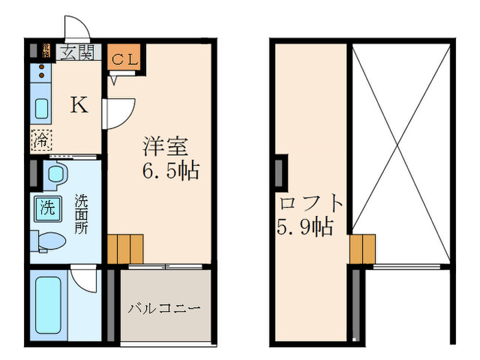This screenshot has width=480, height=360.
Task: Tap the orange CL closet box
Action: click(x=125, y=59)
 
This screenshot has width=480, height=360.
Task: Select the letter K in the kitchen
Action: click(x=80, y=106)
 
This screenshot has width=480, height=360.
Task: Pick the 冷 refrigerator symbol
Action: click(x=41, y=141)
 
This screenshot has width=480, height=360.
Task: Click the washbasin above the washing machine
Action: click(x=55, y=173)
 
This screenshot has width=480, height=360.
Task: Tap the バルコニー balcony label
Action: click(x=164, y=308)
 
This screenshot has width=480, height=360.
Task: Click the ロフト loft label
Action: click(x=311, y=204)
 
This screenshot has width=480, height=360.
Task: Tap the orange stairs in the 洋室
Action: click(x=125, y=248)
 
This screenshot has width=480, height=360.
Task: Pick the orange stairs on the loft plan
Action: click(x=363, y=249)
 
